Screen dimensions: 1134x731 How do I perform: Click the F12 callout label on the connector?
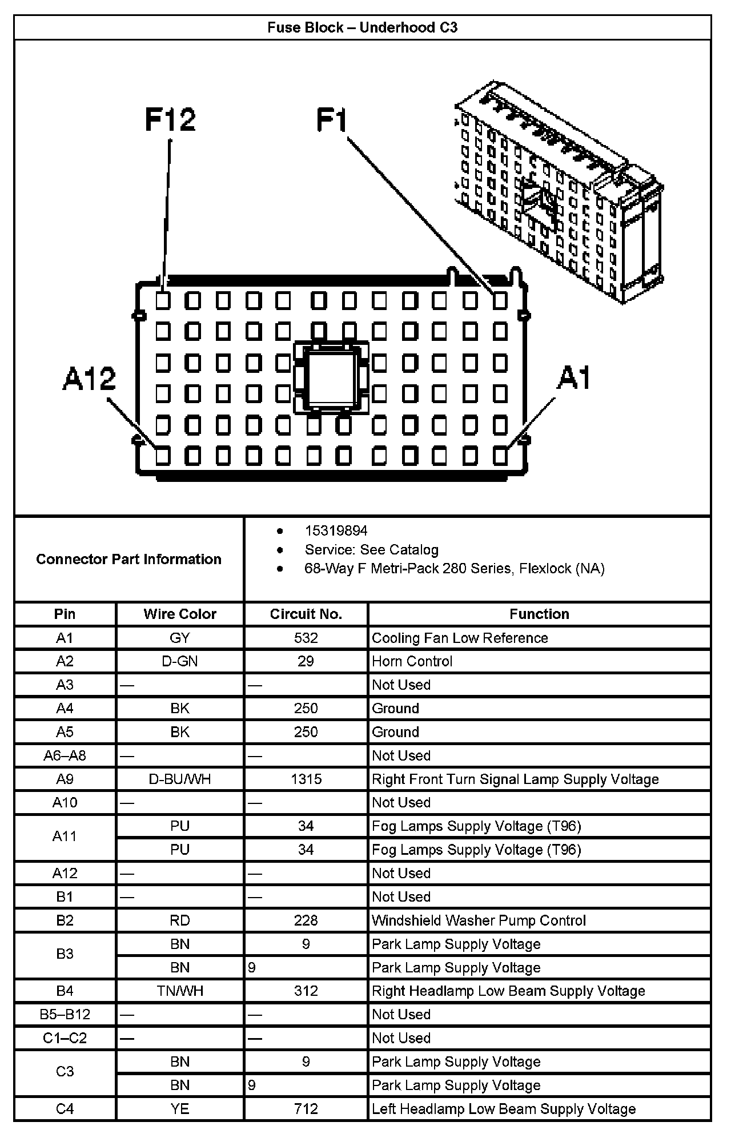click(x=170, y=119)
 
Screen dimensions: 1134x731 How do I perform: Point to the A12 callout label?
click(x=89, y=379)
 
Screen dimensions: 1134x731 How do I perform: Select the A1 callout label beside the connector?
click(x=574, y=378)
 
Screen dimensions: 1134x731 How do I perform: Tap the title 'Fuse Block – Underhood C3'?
click(x=363, y=27)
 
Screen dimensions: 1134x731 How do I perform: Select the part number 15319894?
click(x=336, y=531)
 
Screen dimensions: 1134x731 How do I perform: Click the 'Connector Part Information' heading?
click(x=128, y=559)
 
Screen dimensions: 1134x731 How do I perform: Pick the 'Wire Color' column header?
click(x=180, y=614)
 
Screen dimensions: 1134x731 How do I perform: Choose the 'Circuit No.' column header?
click(x=306, y=614)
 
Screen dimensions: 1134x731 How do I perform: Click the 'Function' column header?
click(x=539, y=614)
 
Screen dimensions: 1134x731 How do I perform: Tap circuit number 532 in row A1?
click(x=306, y=638)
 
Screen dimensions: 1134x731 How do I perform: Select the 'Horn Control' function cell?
click(x=412, y=661)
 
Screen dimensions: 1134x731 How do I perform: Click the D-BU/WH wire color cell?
click(x=180, y=779)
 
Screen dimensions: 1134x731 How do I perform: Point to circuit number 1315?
click(x=306, y=779)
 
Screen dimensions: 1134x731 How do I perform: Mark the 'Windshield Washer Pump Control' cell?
click(x=479, y=920)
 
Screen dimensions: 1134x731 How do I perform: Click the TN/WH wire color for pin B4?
click(x=180, y=991)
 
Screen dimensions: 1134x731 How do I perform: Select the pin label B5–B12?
click(x=65, y=1014)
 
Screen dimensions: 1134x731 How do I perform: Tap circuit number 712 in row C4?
click(x=306, y=1108)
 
